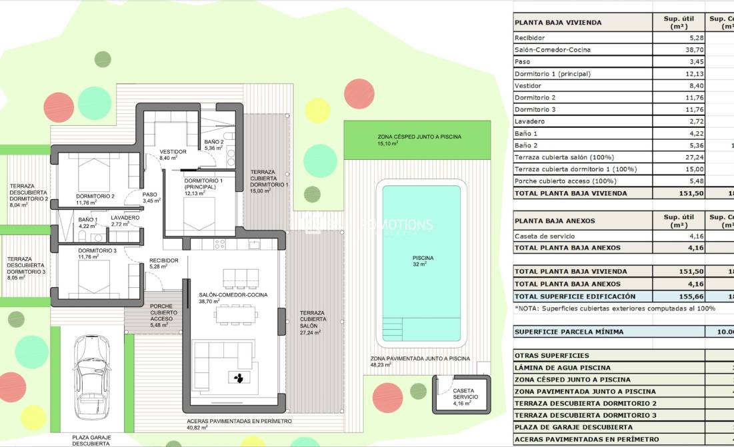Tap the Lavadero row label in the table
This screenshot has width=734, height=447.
point(530,121)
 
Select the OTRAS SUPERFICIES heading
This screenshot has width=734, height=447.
point(552,356)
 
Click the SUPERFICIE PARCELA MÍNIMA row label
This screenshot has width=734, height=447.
point(574,331)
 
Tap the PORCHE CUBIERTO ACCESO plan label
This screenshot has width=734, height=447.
point(161,312)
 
